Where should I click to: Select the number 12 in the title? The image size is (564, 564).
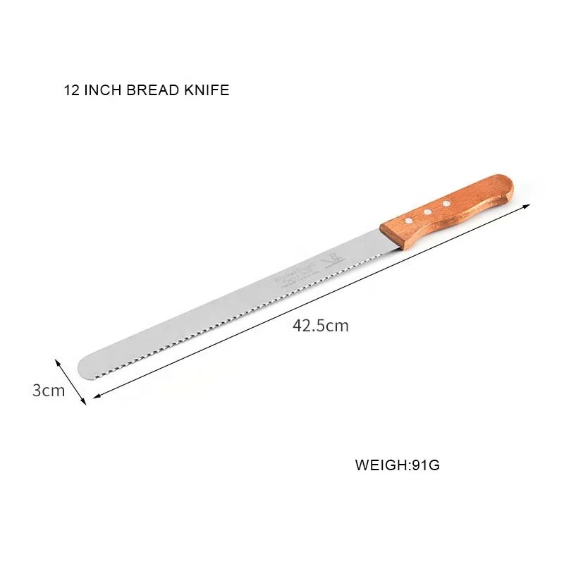pyautogui.click(x=70, y=90)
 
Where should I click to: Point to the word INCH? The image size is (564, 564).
pyautogui.click(x=102, y=90)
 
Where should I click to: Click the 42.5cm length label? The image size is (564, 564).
pyautogui.click(x=320, y=326)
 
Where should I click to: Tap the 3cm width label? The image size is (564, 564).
pyautogui.click(x=48, y=390)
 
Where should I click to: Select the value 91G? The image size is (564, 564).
pyautogui.click(x=426, y=465)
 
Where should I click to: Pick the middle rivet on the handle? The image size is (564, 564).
pyautogui.click(x=428, y=211)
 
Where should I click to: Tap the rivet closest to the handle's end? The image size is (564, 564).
pyautogui.click(x=446, y=203)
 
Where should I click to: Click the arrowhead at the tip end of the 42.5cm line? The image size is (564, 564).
pyautogui.click(x=97, y=397)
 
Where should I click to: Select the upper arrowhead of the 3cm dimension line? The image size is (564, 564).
pyautogui.click(x=57, y=360)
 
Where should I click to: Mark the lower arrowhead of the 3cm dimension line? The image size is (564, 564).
pyautogui.click(x=84, y=403)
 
